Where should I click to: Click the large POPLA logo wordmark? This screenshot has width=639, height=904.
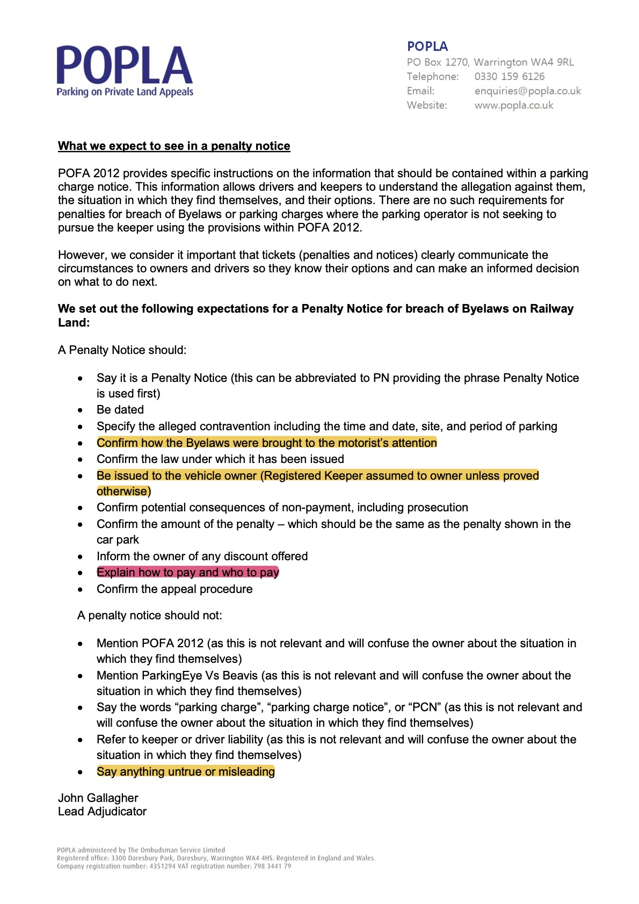[x=124, y=66]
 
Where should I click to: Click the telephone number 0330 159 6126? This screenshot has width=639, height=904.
[x=509, y=76]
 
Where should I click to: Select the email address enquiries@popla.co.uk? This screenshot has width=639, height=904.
[x=527, y=91]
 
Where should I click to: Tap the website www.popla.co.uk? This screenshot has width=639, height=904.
[x=513, y=105]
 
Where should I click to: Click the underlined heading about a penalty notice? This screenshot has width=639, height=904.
[x=174, y=146]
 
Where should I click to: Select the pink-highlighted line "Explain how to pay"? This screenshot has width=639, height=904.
[x=187, y=573]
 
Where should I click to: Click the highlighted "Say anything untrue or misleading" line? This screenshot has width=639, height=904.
[x=185, y=772]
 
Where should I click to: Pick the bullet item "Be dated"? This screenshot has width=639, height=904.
[x=120, y=410]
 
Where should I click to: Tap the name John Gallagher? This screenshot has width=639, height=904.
[x=98, y=798]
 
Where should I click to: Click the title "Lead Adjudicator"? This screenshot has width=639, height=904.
[x=102, y=812]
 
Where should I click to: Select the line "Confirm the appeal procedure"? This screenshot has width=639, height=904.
[x=175, y=589]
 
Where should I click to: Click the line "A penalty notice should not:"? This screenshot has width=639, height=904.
[x=149, y=616]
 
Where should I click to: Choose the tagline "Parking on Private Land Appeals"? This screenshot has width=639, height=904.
[x=125, y=92]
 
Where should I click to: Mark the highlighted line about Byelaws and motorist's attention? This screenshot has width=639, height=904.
[x=266, y=443]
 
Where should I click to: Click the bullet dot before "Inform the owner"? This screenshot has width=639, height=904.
[x=81, y=557]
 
